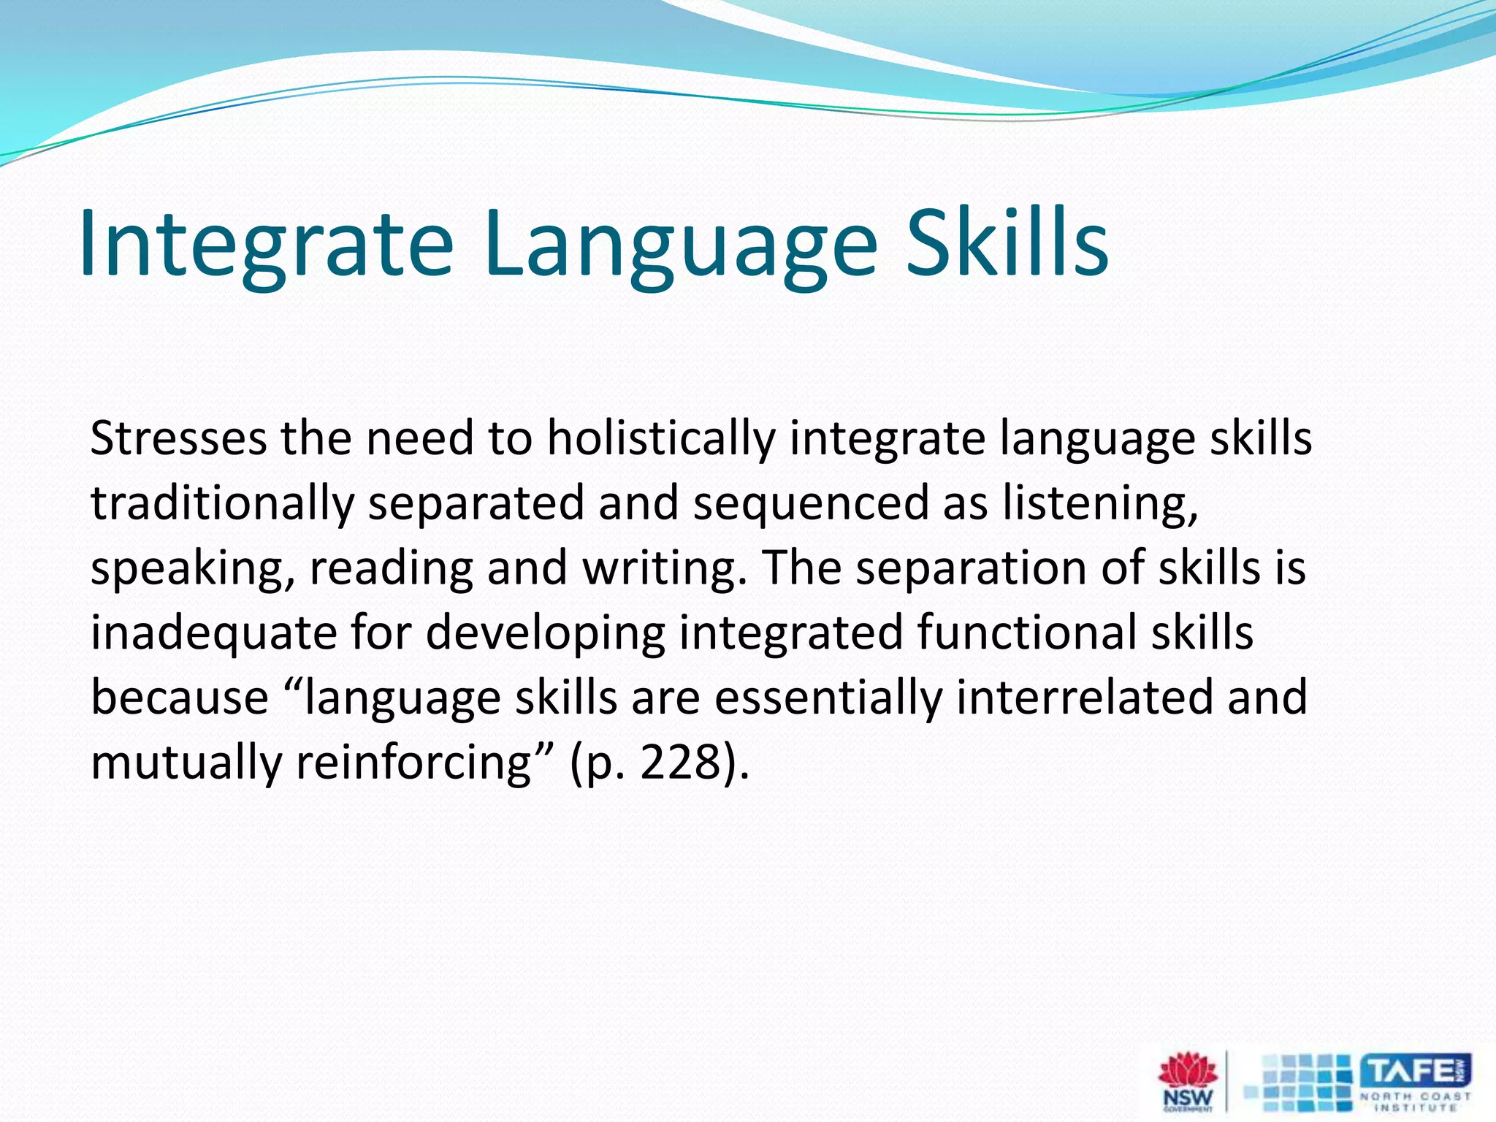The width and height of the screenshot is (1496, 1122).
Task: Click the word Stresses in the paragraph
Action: (178, 439)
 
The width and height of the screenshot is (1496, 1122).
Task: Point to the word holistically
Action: (660, 439)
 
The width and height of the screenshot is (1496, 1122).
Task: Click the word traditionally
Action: (221, 504)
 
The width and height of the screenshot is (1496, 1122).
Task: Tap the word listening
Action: (1099, 504)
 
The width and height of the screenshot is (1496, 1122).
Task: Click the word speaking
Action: (192, 569)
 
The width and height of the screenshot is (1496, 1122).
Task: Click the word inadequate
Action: (213, 633)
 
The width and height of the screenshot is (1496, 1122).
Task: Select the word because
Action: (180, 698)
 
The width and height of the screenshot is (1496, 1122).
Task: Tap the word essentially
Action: (828, 698)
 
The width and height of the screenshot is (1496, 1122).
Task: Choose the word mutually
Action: (186, 763)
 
